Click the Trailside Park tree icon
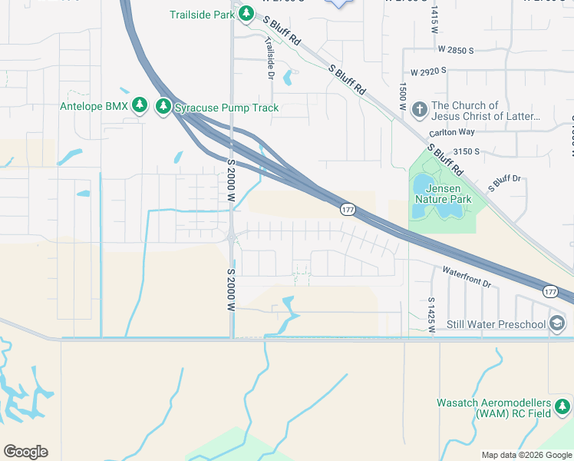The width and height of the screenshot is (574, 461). pyautogui.click(x=246, y=13)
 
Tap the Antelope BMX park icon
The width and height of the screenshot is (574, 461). pyautogui.click(x=139, y=105)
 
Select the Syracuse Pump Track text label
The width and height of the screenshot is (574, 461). pyautogui.click(x=226, y=108)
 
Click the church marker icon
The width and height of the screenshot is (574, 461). pyautogui.click(x=419, y=109)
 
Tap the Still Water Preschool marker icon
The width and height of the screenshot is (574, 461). pyautogui.click(x=557, y=323)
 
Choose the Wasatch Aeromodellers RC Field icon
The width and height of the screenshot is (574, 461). pyautogui.click(x=564, y=406)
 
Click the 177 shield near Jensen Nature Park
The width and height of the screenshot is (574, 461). pyautogui.click(x=348, y=209)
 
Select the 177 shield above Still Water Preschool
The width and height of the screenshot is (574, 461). pyautogui.click(x=550, y=291)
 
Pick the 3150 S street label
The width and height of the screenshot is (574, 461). pyautogui.click(x=466, y=152)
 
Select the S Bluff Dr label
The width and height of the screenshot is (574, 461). pyautogui.click(x=504, y=183)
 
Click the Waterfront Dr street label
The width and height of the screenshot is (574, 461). pyautogui.click(x=466, y=277)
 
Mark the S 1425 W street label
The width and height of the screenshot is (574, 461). pyautogui.click(x=432, y=315)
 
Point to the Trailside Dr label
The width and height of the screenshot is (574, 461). pyautogui.click(x=269, y=58)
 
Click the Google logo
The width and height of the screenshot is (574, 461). pyautogui.click(x=25, y=452)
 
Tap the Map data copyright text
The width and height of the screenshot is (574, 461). pyautogui.click(x=526, y=455)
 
